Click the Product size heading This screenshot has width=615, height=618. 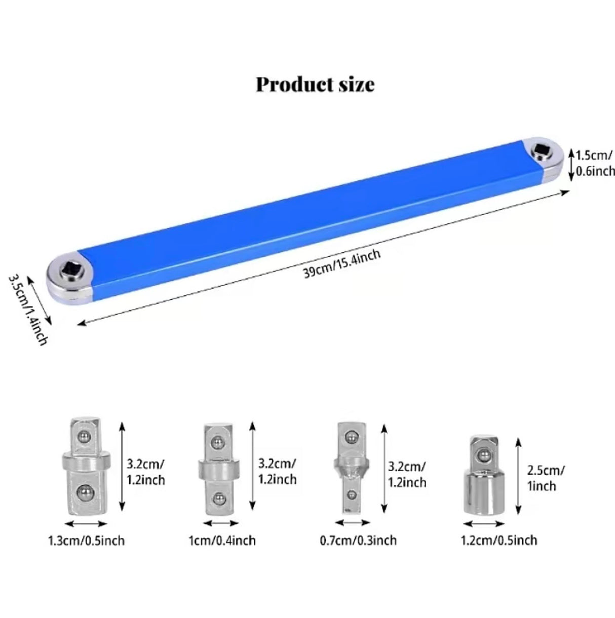click(x=315, y=85)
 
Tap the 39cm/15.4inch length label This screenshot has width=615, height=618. click(x=342, y=263)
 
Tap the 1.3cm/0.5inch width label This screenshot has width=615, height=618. click(x=86, y=540)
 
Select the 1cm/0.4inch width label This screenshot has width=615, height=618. click(x=222, y=540)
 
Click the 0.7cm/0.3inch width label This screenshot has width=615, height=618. click(x=358, y=540)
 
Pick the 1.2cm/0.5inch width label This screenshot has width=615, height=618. click(x=499, y=540)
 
